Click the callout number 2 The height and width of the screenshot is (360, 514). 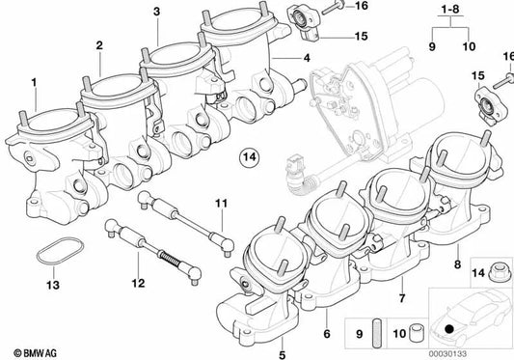pyautogui.click(x=99, y=44)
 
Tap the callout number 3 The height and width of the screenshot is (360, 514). pyautogui.click(x=157, y=12)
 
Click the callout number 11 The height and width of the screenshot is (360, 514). pyautogui.click(x=221, y=204)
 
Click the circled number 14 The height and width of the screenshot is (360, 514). pyautogui.click(x=249, y=156)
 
